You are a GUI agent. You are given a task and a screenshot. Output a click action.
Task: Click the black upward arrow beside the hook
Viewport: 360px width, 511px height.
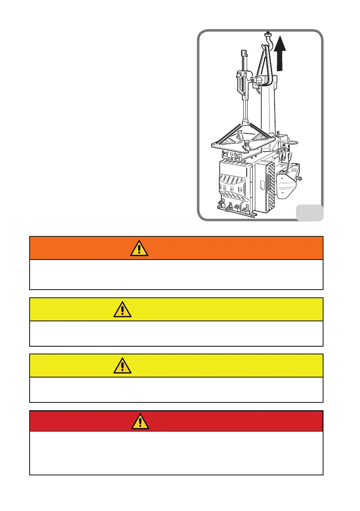(x=281, y=53)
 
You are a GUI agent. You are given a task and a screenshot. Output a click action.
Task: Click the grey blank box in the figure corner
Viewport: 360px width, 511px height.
(x=310, y=212)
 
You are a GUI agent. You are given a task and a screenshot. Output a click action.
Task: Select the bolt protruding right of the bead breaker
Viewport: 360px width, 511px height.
(x=301, y=178)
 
